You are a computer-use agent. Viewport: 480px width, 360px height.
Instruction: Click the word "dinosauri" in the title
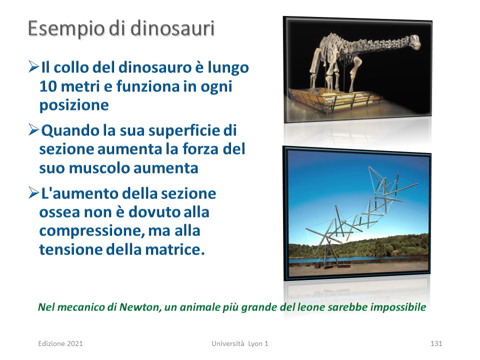(172, 28)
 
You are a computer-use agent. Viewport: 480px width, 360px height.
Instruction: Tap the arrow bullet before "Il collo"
(33, 66)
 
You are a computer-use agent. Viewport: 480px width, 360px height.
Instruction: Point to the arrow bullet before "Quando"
(33, 129)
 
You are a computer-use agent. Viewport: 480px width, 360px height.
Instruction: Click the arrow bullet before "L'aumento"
(33, 192)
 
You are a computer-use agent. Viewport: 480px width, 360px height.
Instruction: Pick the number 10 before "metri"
(48, 86)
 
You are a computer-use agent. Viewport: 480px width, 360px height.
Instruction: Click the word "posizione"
(74, 105)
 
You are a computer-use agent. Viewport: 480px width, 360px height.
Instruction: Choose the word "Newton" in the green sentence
(140, 307)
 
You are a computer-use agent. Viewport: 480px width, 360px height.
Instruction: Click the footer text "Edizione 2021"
(60, 343)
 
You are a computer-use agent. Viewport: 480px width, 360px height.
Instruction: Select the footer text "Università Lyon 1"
(239, 343)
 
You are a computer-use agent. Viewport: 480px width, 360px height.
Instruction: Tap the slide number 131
(436, 343)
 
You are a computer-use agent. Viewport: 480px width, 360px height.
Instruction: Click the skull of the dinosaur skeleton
(414, 41)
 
